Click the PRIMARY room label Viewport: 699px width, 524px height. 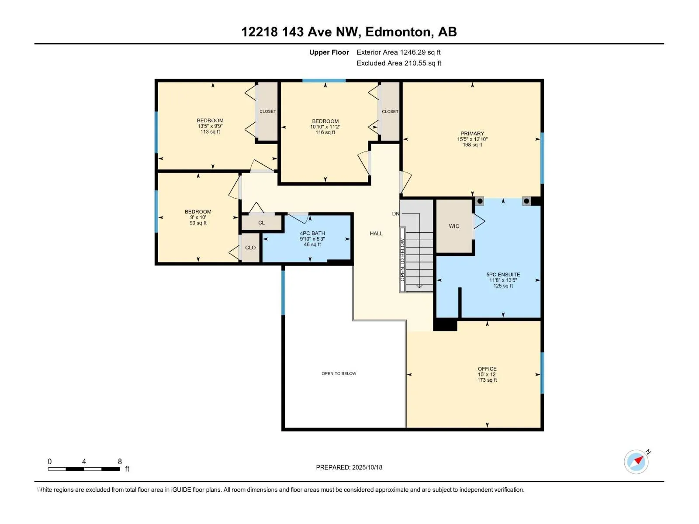[472, 134]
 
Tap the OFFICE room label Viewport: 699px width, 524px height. [487, 369]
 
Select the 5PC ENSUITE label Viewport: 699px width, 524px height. [503, 275]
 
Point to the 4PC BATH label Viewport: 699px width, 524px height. [312, 233]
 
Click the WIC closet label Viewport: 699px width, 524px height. [454, 226]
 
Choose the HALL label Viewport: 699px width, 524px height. [376, 234]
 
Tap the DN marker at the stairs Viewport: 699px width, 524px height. [395, 214]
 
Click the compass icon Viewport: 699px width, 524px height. [636, 462]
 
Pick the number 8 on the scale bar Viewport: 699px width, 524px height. [120, 462]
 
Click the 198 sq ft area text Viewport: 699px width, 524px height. [473, 145]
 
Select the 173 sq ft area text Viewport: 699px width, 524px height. [487, 380]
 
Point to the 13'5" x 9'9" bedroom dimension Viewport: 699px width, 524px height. [210, 126]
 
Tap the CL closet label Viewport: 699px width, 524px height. [261, 223]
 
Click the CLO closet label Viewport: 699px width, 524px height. [250, 248]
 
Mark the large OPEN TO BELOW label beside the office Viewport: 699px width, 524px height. [339, 373]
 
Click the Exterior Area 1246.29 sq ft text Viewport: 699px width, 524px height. [399, 52]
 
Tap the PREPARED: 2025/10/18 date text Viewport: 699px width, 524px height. [349, 467]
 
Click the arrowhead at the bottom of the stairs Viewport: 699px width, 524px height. [419, 286]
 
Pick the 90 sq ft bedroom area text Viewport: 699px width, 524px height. [198, 223]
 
